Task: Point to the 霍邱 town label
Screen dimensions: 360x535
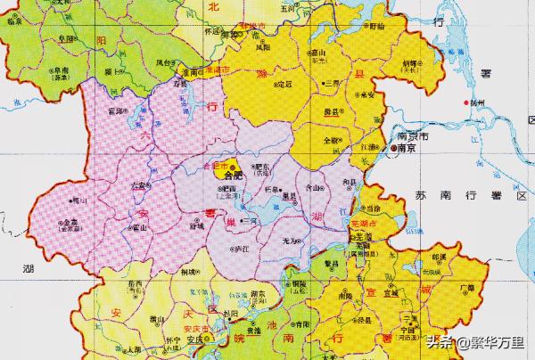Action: tap(114, 111)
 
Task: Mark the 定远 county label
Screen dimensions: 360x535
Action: tap(284, 85)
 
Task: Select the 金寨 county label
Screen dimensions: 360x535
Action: tap(70, 224)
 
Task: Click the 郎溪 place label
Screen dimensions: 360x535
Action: tap(438, 256)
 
